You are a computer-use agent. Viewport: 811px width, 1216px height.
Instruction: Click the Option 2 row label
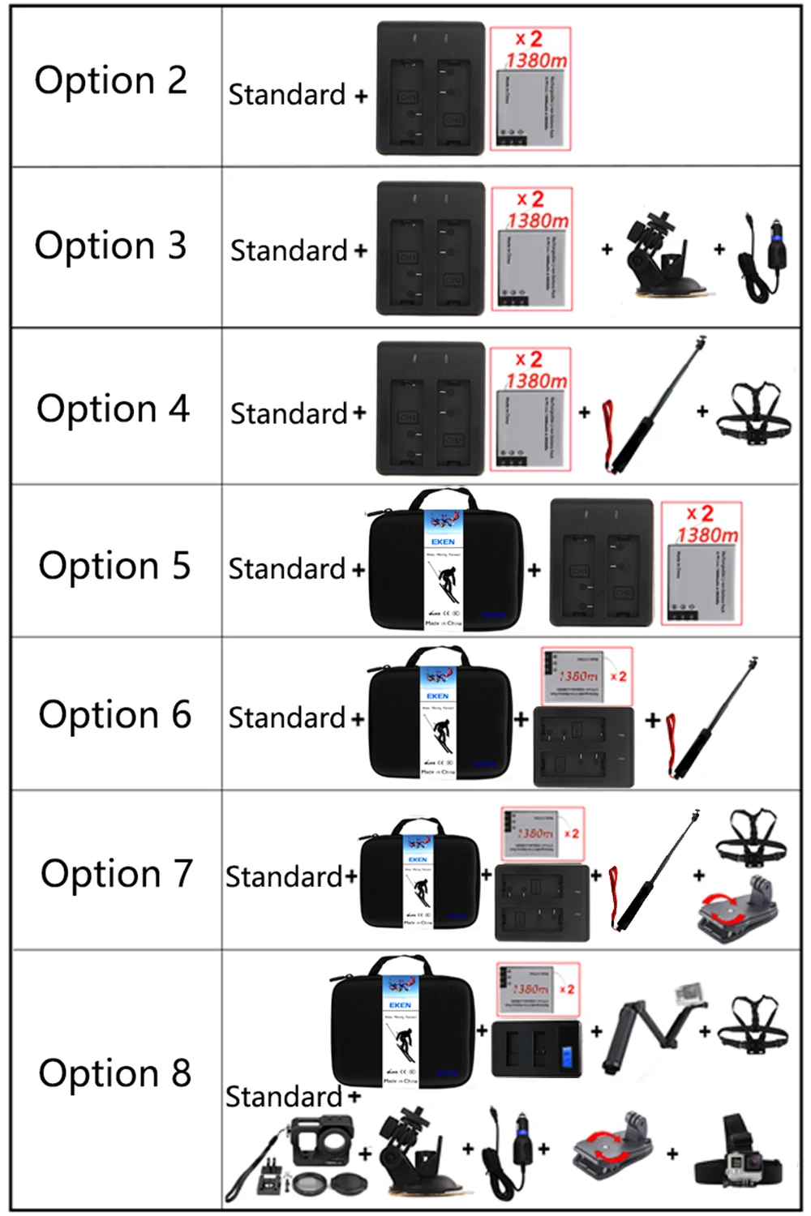coord(111,81)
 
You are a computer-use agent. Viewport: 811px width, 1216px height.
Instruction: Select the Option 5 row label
coord(114,566)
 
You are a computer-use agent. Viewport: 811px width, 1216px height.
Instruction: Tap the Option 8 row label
coord(115,1073)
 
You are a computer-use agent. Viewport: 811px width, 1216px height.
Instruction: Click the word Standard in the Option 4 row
coord(289,413)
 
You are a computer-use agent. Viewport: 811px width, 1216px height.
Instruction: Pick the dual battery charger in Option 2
coord(430,89)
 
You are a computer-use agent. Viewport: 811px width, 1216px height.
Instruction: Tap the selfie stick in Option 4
coord(649,405)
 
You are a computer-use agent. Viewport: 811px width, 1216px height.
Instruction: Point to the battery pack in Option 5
coord(701,563)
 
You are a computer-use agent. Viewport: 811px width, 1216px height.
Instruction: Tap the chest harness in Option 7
coord(751,837)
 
